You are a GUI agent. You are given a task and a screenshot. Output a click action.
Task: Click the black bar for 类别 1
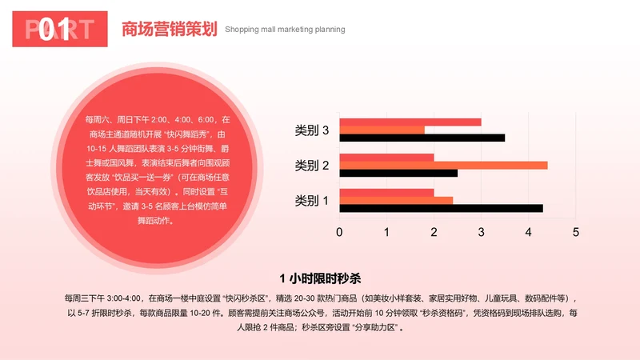(441, 208)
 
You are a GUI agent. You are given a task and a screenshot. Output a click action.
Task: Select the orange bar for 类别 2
(443, 165)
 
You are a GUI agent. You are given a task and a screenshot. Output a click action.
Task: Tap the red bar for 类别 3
(410, 122)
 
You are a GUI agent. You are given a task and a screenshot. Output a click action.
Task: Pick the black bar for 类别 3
(422, 138)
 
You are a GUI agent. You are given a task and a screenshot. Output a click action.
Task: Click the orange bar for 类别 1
(396, 200)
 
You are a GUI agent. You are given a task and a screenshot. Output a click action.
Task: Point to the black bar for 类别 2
(398, 173)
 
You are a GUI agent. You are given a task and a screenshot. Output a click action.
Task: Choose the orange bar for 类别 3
(382, 130)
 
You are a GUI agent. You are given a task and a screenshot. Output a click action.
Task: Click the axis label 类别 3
(312, 130)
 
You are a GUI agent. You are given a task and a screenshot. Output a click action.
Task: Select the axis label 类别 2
(312, 166)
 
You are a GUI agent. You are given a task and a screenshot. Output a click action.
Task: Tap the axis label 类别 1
(312, 200)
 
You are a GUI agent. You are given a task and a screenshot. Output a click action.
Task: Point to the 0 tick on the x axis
(339, 232)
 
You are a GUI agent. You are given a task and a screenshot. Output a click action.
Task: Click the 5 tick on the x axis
(575, 232)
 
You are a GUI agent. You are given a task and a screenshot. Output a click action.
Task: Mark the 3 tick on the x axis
(481, 232)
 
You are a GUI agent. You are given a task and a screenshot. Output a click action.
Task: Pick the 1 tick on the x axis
(386, 232)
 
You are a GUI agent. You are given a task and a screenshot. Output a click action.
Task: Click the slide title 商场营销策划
(169, 30)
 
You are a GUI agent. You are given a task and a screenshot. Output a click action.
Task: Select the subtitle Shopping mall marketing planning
(285, 30)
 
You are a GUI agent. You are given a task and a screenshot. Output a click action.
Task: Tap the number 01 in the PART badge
(53, 30)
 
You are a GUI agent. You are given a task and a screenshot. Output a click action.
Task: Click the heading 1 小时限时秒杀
(320, 278)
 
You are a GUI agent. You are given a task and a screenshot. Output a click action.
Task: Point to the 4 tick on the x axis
(528, 232)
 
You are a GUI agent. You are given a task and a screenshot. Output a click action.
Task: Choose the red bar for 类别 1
(386, 192)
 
